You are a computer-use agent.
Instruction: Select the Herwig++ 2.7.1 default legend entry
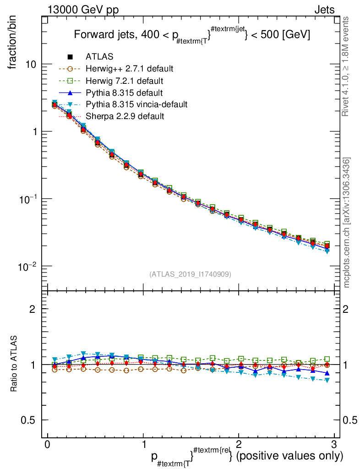(x=129, y=69)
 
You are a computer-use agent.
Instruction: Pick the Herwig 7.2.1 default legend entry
(x=125, y=81)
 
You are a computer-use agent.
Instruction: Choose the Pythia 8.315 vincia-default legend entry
(x=136, y=104)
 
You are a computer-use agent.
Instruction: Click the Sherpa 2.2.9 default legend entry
(x=125, y=116)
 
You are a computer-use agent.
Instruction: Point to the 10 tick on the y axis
(x=31, y=64)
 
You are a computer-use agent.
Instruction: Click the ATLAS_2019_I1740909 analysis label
(x=190, y=274)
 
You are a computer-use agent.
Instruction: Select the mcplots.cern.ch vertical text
(x=347, y=222)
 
